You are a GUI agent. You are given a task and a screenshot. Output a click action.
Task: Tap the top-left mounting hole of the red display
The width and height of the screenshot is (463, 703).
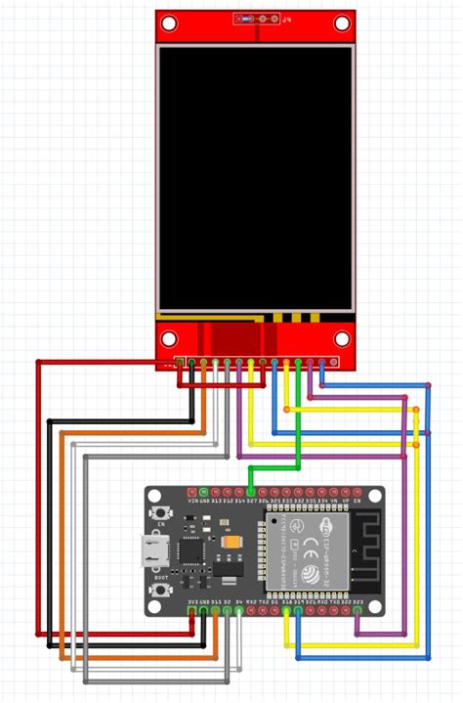coord(169,22)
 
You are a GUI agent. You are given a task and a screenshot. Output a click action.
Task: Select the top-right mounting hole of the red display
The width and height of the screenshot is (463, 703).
coord(341,22)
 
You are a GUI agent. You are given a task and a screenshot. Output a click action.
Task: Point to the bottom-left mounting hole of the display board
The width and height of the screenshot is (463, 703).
coord(169,339)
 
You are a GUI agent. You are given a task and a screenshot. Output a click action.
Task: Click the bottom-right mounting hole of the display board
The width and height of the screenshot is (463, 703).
coord(341,339)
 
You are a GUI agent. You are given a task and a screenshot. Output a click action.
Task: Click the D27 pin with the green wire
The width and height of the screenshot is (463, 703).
coord(251,492)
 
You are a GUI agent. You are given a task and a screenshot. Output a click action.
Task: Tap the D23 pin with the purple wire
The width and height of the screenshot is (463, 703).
coord(358,610)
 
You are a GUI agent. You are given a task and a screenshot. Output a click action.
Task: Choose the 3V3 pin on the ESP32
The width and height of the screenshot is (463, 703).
coord(191,610)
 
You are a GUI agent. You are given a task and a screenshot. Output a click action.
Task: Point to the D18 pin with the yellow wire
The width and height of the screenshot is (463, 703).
coord(286,610)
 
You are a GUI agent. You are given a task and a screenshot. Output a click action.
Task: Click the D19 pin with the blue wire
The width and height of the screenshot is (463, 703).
coord(298,610)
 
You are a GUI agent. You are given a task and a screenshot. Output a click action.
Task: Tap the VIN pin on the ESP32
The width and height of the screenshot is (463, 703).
coord(191,492)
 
